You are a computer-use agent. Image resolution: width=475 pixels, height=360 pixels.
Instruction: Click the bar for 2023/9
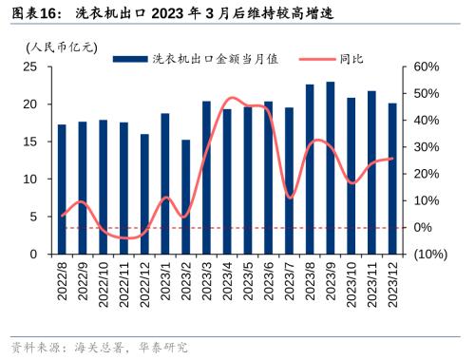(x=330, y=168)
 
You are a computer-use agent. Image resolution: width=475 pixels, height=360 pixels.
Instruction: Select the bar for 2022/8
(x=62, y=189)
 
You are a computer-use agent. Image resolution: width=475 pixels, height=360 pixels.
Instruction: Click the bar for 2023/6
(x=268, y=178)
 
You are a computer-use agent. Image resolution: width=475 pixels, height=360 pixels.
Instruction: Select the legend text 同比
(x=351, y=59)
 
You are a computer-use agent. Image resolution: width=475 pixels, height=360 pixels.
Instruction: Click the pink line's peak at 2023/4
(x=229, y=98)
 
